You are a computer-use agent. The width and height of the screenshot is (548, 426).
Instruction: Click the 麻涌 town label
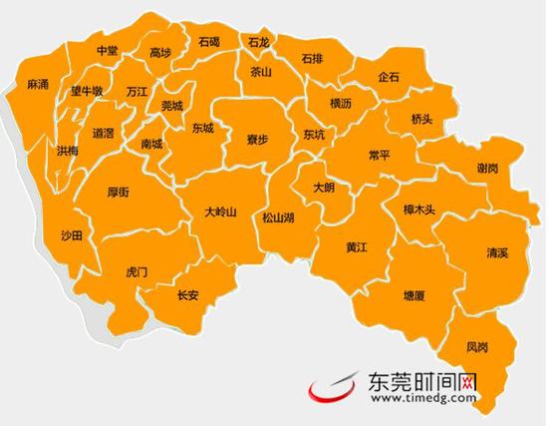tap(39, 86)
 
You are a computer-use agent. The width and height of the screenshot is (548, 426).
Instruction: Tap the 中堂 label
tap(107, 50)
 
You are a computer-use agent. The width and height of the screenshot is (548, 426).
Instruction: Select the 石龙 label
tap(258, 43)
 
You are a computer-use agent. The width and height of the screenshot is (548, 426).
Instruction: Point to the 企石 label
tap(389, 77)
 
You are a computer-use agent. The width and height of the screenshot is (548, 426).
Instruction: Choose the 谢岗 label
tap(487, 169)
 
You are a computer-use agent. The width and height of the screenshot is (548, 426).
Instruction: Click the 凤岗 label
tap(478, 347)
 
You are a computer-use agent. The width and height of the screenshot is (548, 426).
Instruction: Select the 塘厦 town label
tap(414, 296)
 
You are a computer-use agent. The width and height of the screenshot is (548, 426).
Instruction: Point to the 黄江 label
tap(358, 246)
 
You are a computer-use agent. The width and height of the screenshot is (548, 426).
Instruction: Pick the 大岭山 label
tap(220, 212)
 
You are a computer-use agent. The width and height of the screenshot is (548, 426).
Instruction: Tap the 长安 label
tap(187, 294)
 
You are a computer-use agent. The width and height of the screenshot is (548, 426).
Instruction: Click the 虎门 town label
tap(137, 271)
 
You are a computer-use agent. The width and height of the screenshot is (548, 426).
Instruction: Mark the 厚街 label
tap(119, 193)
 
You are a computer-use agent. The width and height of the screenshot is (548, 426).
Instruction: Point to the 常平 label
tap(379, 156)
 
